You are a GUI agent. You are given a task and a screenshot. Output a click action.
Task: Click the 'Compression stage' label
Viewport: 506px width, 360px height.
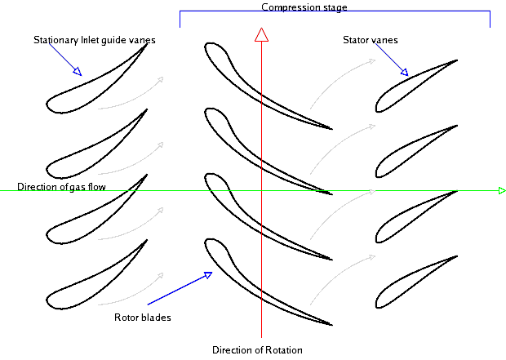[x=304, y=7]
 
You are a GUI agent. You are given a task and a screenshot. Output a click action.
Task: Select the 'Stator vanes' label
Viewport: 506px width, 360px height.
[x=371, y=38]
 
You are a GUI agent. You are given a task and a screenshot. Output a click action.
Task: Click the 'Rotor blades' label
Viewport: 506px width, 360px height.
[x=142, y=318]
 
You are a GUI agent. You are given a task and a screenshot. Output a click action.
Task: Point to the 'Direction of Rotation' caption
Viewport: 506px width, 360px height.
[x=257, y=350]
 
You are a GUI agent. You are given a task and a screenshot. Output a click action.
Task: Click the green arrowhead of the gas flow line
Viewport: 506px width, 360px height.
[x=502, y=191]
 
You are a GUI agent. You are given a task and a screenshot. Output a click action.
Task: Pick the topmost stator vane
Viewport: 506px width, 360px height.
[x=412, y=86]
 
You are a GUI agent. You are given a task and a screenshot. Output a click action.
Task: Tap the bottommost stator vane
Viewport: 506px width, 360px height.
[x=412, y=282]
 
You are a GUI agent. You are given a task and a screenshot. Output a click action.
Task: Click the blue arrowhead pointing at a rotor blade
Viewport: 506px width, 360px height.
[x=208, y=275]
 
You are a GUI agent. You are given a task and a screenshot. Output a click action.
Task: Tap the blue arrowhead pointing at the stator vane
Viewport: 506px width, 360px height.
[x=404, y=73]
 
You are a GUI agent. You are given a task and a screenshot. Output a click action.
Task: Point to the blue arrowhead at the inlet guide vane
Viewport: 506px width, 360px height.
[x=77, y=72]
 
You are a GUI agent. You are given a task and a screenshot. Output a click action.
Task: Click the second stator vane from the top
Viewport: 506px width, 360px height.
[x=412, y=151]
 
